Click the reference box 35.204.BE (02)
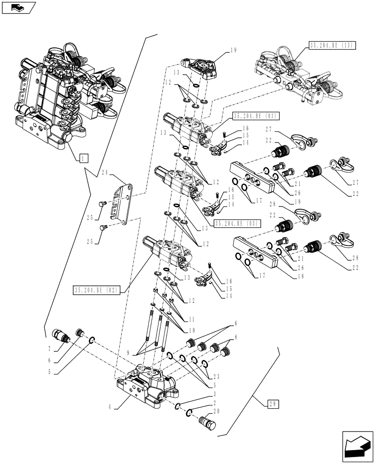97,290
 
